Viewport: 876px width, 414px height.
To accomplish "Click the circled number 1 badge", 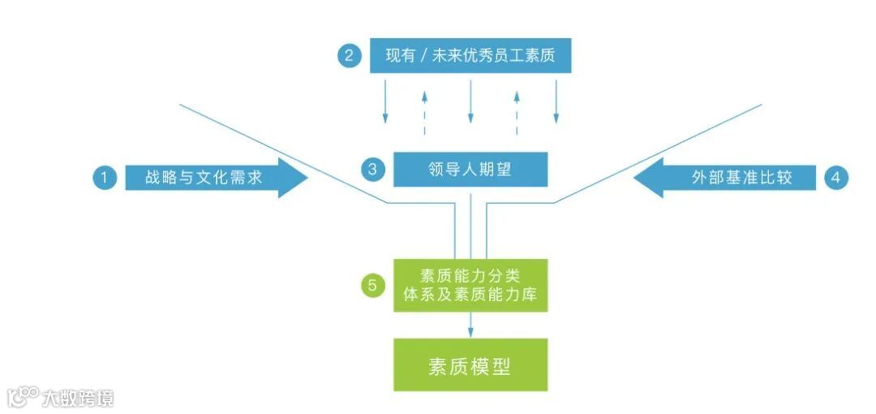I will coord(105,178).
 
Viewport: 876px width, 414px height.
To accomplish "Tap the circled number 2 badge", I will coord(350,56).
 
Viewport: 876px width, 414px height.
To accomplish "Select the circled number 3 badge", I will coord(372,170).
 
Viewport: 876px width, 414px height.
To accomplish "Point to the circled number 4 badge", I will coord(835,178).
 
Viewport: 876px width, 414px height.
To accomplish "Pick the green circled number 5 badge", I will coord(372,285).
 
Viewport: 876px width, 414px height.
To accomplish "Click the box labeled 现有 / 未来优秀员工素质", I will coord(470,56).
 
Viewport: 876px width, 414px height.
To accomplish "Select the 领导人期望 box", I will coord(470,170).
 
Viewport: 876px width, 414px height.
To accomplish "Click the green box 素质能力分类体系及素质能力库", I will coord(470,285).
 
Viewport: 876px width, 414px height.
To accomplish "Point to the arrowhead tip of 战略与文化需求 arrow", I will coord(307,178).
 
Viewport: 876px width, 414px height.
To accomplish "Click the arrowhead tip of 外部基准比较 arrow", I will coord(634,178).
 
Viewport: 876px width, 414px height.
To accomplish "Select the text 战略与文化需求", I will coord(204,178).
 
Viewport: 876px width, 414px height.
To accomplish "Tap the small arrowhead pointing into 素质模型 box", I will coord(470,332).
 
